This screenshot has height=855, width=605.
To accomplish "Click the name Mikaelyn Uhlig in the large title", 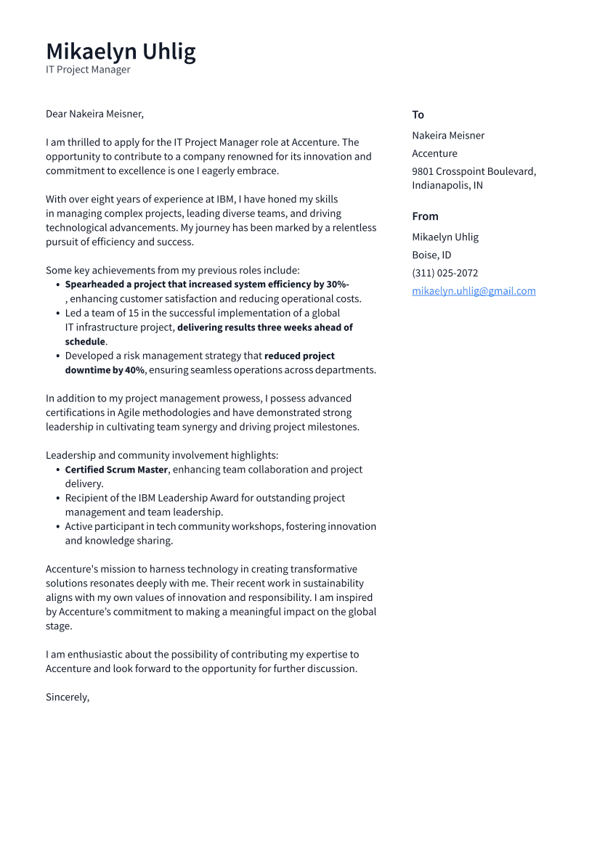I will (121, 52).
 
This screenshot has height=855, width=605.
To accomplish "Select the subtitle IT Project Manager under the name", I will (88, 70).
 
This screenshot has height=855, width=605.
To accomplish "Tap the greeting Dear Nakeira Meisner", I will (94, 114).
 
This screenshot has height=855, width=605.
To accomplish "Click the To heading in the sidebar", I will (418, 115).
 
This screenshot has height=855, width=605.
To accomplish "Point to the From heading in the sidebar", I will (425, 216).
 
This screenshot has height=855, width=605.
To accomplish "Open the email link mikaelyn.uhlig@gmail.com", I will (474, 291).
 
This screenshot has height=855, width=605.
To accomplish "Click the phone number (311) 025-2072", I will (444, 273).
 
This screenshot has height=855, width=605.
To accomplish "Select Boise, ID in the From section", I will (431, 255).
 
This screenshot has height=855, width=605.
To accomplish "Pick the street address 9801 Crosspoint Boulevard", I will (474, 171).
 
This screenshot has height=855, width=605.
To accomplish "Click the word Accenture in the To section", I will (434, 153).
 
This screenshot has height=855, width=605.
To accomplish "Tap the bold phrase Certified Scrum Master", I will (116, 470).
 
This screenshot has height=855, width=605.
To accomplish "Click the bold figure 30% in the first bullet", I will (336, 285).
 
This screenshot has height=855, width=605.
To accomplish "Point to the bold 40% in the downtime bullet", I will (134, 370).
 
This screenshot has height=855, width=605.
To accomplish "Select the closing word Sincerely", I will (67, 697).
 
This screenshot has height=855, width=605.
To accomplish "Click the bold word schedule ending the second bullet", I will (85, 342).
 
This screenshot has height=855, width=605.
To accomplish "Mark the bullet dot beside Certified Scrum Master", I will (57, 470).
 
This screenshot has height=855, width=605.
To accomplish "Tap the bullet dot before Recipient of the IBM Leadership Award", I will (57, 499).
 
